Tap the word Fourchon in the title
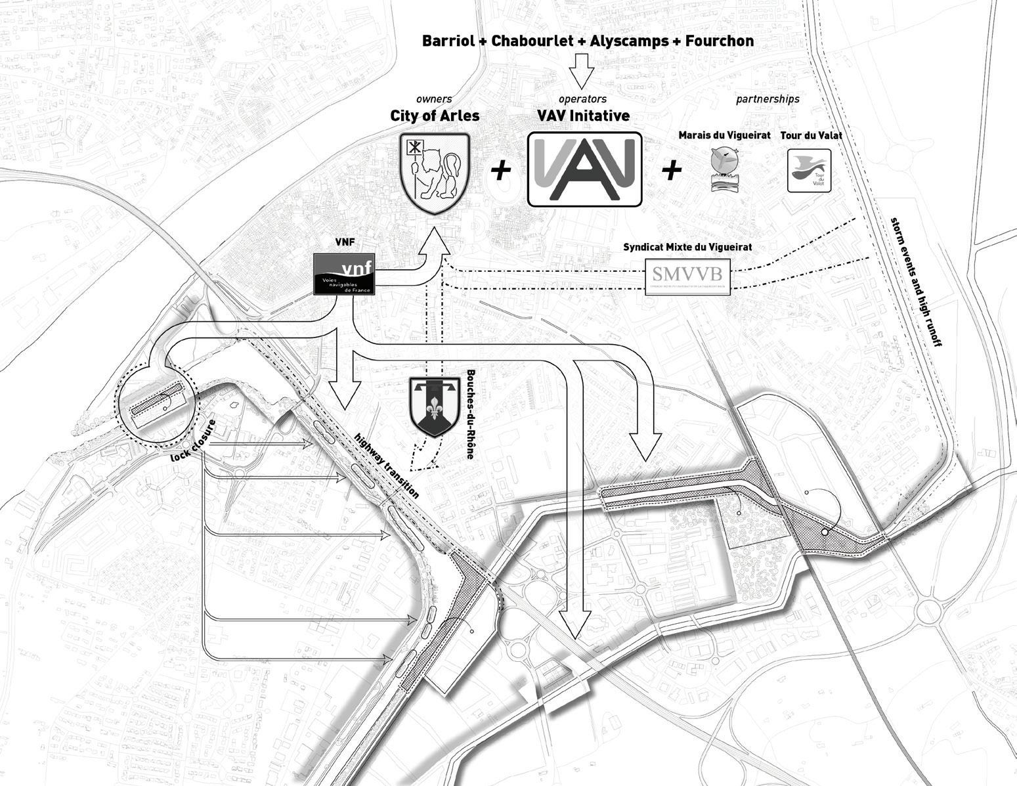click(719, 41)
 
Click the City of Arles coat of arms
click(434, 173)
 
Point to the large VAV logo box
click(584, 169)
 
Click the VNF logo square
click(345, 273)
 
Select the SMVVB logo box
click(687, 276)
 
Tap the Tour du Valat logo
click(809, 171)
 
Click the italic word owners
click(434, 99)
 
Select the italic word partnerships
click(768, 99)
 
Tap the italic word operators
click(582, 99)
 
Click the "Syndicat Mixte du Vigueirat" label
click(687, 248)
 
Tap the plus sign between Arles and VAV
click(501, 170)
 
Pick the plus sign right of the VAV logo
click(671, 170)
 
